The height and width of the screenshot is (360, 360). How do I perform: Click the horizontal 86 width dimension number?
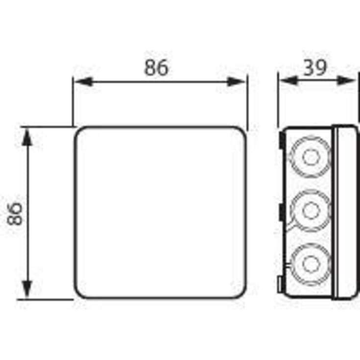click(157, 68)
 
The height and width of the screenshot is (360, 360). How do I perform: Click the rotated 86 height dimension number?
click(16, 212)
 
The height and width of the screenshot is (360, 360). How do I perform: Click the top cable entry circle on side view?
click(309, 157)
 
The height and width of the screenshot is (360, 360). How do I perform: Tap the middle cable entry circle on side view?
click(309, 211)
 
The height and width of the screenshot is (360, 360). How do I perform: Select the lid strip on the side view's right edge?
click(346, 212)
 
